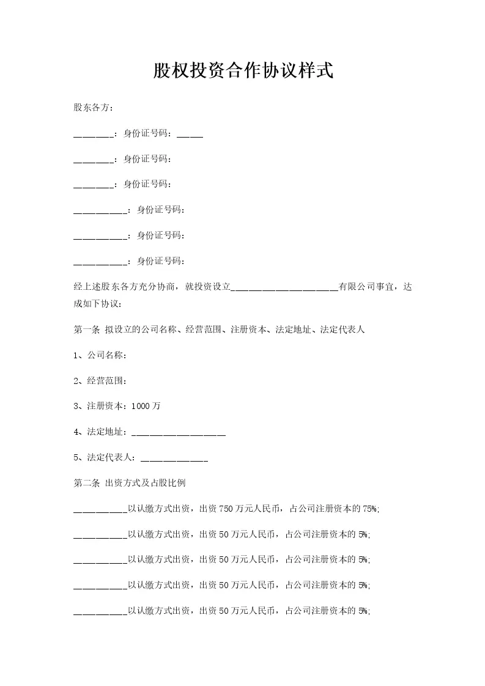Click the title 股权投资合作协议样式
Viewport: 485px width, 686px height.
coord(243,71)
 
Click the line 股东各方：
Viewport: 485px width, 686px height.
coord(93,108)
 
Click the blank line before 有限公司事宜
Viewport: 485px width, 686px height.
coord(284,287)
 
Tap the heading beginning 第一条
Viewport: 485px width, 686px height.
coord(219,330)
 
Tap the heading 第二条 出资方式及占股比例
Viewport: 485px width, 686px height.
coord(130,483)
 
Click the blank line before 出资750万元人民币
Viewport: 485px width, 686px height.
coord(100,509)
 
